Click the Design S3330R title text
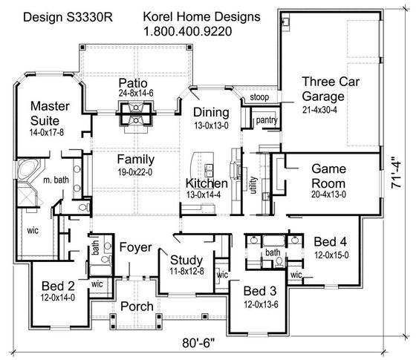pos(68,17)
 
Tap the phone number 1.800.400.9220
pos(188,31)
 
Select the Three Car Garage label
pos(331,89)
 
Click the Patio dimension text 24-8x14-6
pos(136,94)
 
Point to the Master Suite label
pos(50,114)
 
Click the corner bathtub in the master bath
pos(28,169)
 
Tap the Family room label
pos(136,160)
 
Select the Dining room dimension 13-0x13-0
pos(211,125)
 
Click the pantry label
pos(267,120)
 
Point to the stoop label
pos(259,97)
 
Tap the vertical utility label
pos(253,185)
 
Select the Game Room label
pos(328,176)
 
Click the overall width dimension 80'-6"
pos(198,343)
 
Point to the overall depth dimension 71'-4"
pos(396,174)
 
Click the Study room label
pos(186,260)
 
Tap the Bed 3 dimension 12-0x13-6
pos(261,304)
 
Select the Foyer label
pos(136,248)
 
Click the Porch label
pos(137,307)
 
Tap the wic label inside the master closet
pos(33,231)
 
